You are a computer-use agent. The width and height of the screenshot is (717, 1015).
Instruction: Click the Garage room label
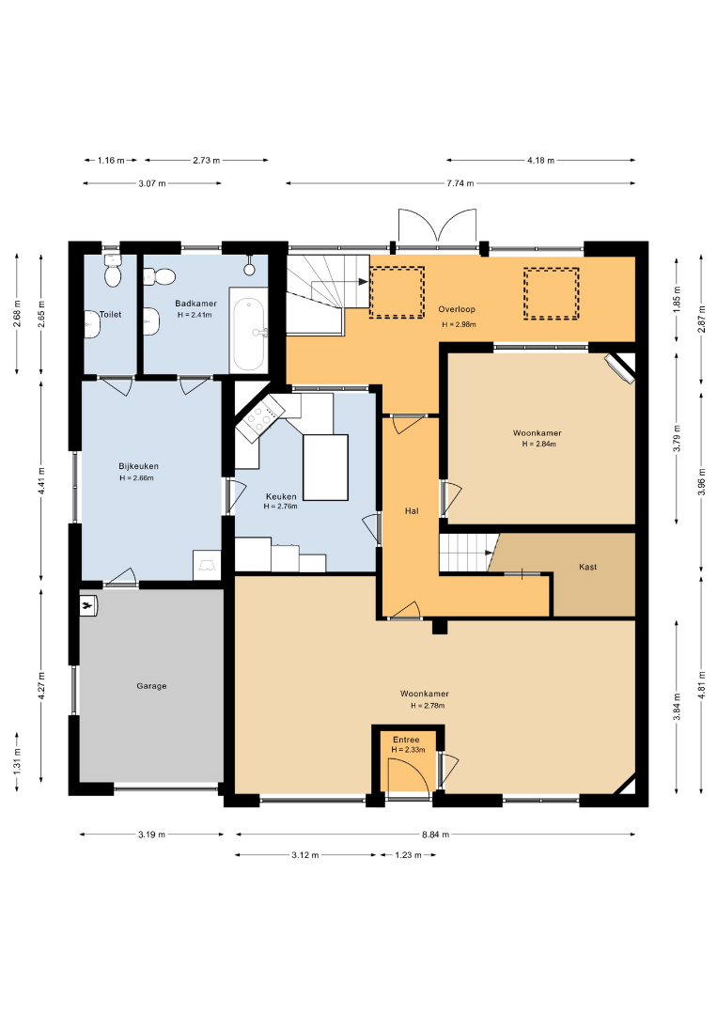[x=151, y=685]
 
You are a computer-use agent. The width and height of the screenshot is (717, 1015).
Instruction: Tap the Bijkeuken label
[x=138, y=466]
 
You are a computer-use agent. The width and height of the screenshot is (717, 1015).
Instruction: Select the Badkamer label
[x=196, y=303]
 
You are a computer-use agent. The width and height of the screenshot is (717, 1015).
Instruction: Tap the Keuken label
[x=281, y=496]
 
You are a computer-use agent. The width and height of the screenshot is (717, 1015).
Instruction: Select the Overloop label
[x=457, y=309]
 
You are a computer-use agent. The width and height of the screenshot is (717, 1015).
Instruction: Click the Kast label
[x=588, y=567]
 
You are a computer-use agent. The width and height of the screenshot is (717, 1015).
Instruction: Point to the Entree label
[x=406, y=740]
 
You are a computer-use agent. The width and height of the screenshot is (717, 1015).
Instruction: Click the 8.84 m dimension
[x=435, y=835]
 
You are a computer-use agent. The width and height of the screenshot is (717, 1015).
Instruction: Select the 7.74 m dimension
[x=460, y=183]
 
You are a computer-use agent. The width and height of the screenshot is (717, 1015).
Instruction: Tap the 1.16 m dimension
[x=111, y=160]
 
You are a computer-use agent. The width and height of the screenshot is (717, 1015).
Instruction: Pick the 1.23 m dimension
[x=409, y=855]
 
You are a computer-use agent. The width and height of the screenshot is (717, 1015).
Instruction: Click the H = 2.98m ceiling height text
[x=459, y=324]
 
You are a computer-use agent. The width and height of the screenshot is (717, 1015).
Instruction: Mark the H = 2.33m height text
[x=409, y=750]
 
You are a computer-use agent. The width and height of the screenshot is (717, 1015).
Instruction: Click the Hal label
[x=412, y=510]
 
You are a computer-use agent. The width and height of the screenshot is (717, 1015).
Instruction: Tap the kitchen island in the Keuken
[x=325, y=467]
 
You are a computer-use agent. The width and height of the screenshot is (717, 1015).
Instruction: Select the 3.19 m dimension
[x=151, y=835]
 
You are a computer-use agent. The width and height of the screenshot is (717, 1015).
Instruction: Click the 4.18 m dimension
[x=541, y=160]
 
